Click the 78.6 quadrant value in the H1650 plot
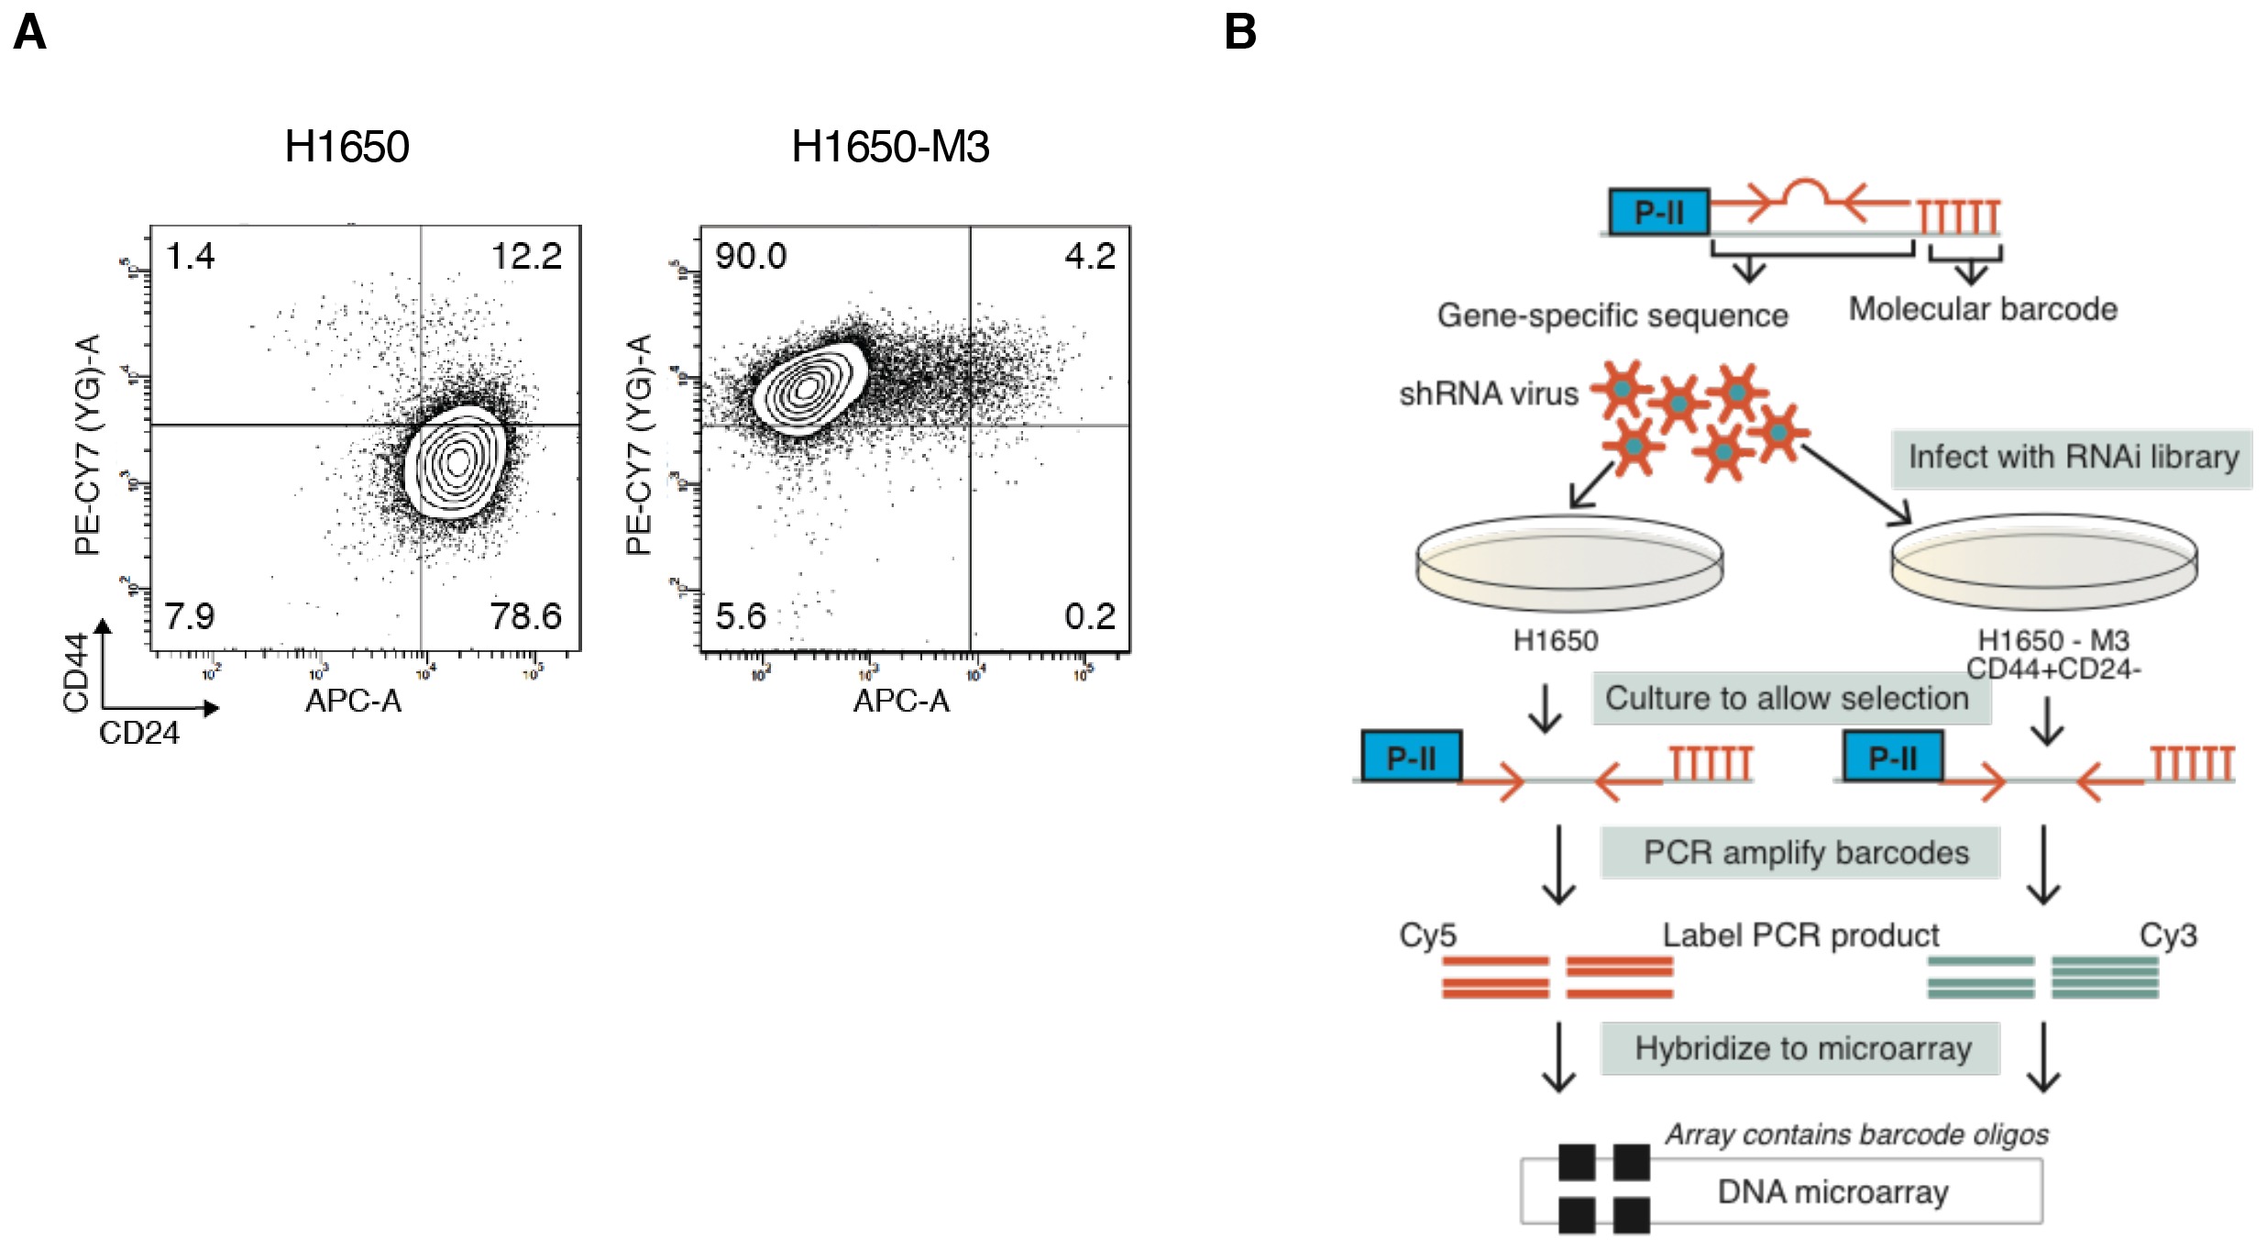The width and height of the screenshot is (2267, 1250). click(x=525, y=616)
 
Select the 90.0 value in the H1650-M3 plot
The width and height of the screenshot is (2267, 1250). click(x=751, y=256)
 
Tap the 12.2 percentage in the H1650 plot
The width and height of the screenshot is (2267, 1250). click(x=526, y=256)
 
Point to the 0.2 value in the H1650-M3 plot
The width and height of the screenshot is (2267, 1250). click(x=1090, y=616)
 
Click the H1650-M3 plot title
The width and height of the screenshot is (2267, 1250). click(x=890, y=147)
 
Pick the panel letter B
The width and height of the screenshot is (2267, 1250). click(x=1240, y=32)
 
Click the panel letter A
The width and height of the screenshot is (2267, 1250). click(x=29, y=32)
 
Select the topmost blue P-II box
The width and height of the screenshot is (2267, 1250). click(x=1659, y=213)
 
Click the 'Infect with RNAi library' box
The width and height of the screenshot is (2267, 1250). click(x=2072, y=458)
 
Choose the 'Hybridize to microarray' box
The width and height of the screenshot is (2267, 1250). click(x=1801, y=1048)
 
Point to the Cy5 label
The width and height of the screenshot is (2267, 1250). click(x=1427, y=935)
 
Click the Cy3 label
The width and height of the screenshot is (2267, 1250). click(x=2168, y=935)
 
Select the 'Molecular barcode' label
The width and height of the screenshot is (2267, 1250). click(x=1983, y=309)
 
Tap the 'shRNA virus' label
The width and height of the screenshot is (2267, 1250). click(x=1488, y=393)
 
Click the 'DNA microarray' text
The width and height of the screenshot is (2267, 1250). click(x=1832, y=1192)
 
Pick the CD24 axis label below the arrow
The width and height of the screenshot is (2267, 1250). click(x=139, y=733)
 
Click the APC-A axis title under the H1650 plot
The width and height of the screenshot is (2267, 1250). click(x=353, y=701)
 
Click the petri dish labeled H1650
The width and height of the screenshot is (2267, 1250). click(x=1569, y=562)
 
